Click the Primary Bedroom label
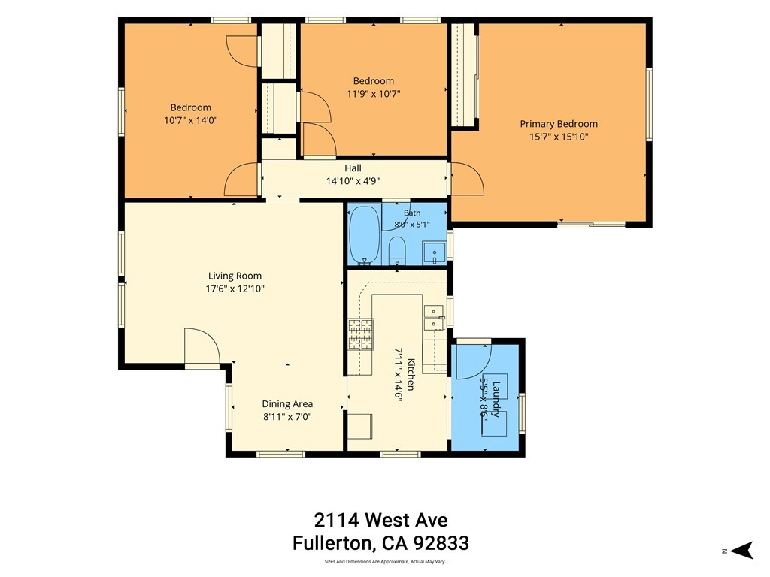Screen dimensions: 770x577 559,124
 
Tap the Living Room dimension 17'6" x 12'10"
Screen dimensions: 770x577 235,288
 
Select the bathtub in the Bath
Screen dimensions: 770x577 364,235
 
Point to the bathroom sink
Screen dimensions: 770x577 434,253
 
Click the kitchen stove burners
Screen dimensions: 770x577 361,334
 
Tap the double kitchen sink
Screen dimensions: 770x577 434,318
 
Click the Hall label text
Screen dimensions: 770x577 353,168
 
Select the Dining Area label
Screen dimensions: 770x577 287,404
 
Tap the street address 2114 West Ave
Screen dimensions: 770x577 380,520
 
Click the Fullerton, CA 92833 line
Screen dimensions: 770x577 380,543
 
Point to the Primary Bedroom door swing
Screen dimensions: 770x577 467,179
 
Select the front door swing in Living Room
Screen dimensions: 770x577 202,346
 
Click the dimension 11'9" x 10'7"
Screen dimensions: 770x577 374,94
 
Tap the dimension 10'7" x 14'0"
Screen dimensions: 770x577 190,120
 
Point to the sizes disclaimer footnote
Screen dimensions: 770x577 385,562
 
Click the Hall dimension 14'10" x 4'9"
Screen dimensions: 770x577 353,181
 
